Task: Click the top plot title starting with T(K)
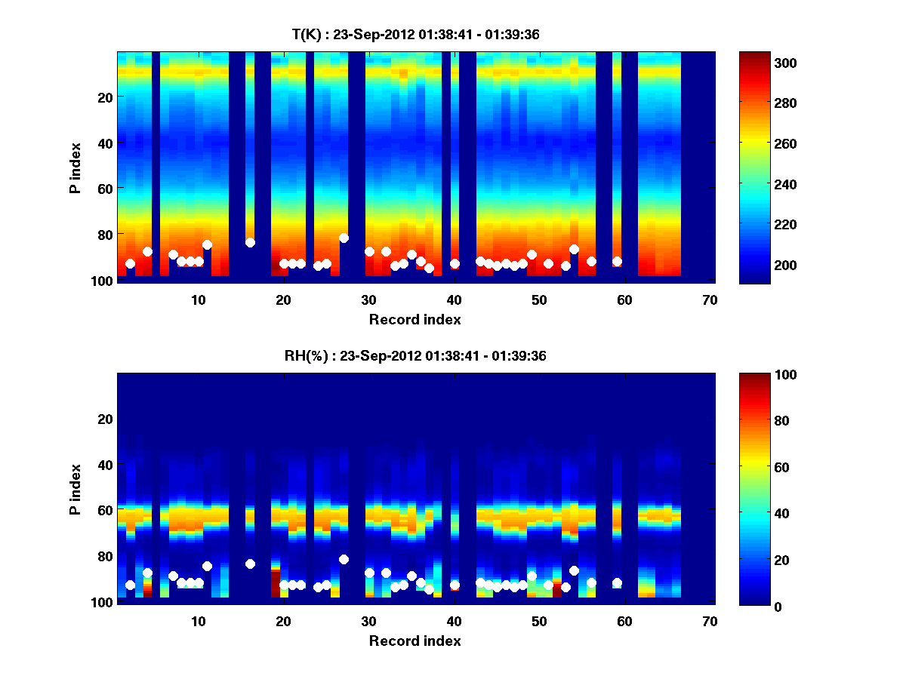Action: [415, 34]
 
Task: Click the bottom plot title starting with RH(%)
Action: [415, 355]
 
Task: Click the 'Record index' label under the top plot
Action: [415, 319]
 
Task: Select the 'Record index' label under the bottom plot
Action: [415, 641]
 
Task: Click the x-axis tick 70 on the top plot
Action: [710, 300]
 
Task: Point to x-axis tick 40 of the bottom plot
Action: [454, 621]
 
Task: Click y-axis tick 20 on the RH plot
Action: [105, 419]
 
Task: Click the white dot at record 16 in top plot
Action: [250, 242]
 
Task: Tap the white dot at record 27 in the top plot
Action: [344, 238]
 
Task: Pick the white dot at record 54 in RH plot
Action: [574, 570]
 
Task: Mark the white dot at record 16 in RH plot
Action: [250, 564]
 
